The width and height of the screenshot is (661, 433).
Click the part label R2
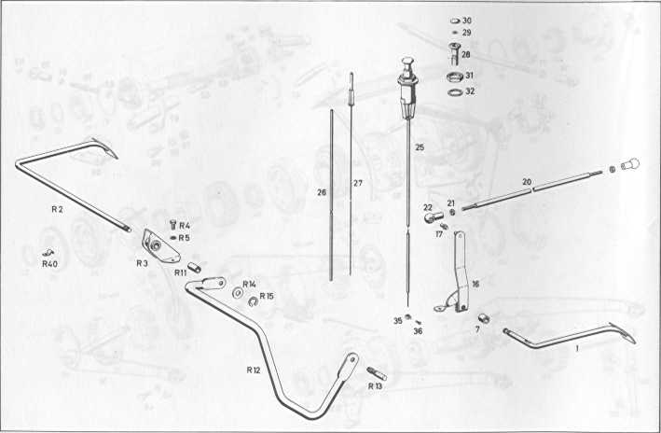[x=57, y=209]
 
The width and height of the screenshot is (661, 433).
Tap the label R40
[x=49, y=264]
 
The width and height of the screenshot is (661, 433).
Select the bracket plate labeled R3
[x=160, y=245]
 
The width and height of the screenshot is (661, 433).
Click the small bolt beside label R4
[x=172, y=225]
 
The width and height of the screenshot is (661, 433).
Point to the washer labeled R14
[x=238, y=293]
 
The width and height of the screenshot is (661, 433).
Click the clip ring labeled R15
[x=254, y=300]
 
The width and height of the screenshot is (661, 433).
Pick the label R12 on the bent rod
[x=254, y=370]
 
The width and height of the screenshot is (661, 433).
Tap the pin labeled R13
[x=377, y=373]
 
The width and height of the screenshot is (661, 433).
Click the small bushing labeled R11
[x=195, y=268]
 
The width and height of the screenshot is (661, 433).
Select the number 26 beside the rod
[x=322, y=192]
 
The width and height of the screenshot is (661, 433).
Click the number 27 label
[x=357, y=183]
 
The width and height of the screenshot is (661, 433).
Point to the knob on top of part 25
[x=406, y=64]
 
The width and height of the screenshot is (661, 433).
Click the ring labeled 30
[x=455, y=21]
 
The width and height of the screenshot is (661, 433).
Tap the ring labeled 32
[x=455, y=91]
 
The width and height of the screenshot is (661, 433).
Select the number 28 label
[x=466, y=54]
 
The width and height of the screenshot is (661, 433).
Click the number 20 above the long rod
[x=527, y=182]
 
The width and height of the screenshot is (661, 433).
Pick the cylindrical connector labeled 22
[x=433, y=217]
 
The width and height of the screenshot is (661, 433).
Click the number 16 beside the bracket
[x=475, y=284]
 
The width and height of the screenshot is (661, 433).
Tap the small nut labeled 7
[x=485, y=318]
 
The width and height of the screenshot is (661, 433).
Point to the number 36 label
[x=418, y=331]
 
